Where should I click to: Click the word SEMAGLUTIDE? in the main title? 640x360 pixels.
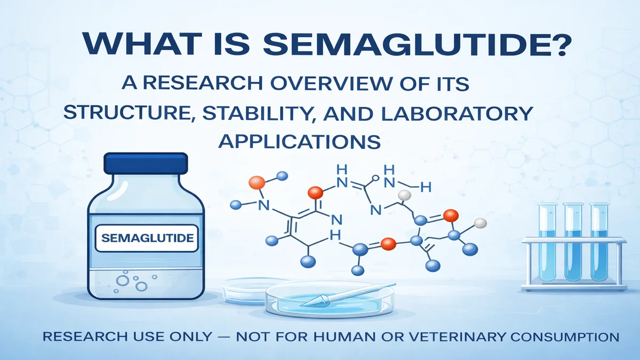417,44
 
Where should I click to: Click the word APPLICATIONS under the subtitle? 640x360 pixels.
299,141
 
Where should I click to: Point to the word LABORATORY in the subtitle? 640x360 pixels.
457,113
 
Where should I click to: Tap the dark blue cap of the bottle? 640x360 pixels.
146,163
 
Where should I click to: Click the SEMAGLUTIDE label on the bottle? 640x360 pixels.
147,238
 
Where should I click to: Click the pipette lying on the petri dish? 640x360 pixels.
349,294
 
